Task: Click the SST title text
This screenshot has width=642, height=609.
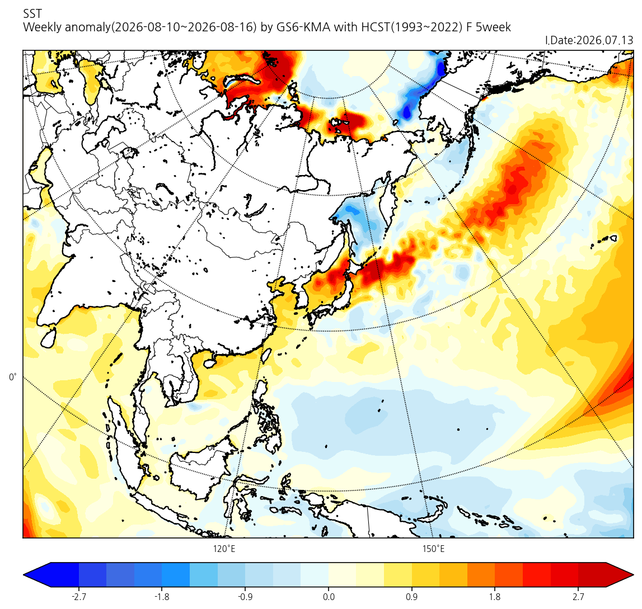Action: [32, 14]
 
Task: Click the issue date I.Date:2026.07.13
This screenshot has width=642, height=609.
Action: [589, 40]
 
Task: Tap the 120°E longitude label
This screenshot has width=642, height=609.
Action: [224, 549]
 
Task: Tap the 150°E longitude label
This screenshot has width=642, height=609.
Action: [434, 549]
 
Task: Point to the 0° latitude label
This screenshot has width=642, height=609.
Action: [13, 377]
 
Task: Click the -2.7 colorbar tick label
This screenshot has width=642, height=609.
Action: [78, 597]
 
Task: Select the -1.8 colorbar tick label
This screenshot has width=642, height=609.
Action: [162, 597]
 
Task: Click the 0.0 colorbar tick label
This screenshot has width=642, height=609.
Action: [329, 597]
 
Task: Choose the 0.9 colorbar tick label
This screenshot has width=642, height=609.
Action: [411, 597]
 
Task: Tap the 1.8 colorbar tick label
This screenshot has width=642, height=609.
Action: [495, 597]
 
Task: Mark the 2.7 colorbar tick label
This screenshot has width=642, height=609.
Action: [578, 597]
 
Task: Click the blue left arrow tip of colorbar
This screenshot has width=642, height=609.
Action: [24, 575]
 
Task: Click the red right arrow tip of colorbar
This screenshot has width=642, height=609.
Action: [633, 575]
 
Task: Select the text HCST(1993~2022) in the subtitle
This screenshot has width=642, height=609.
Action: [411, 27]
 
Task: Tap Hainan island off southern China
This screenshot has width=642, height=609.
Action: [209, 362]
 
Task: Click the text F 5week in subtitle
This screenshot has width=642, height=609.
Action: [489, 27]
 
